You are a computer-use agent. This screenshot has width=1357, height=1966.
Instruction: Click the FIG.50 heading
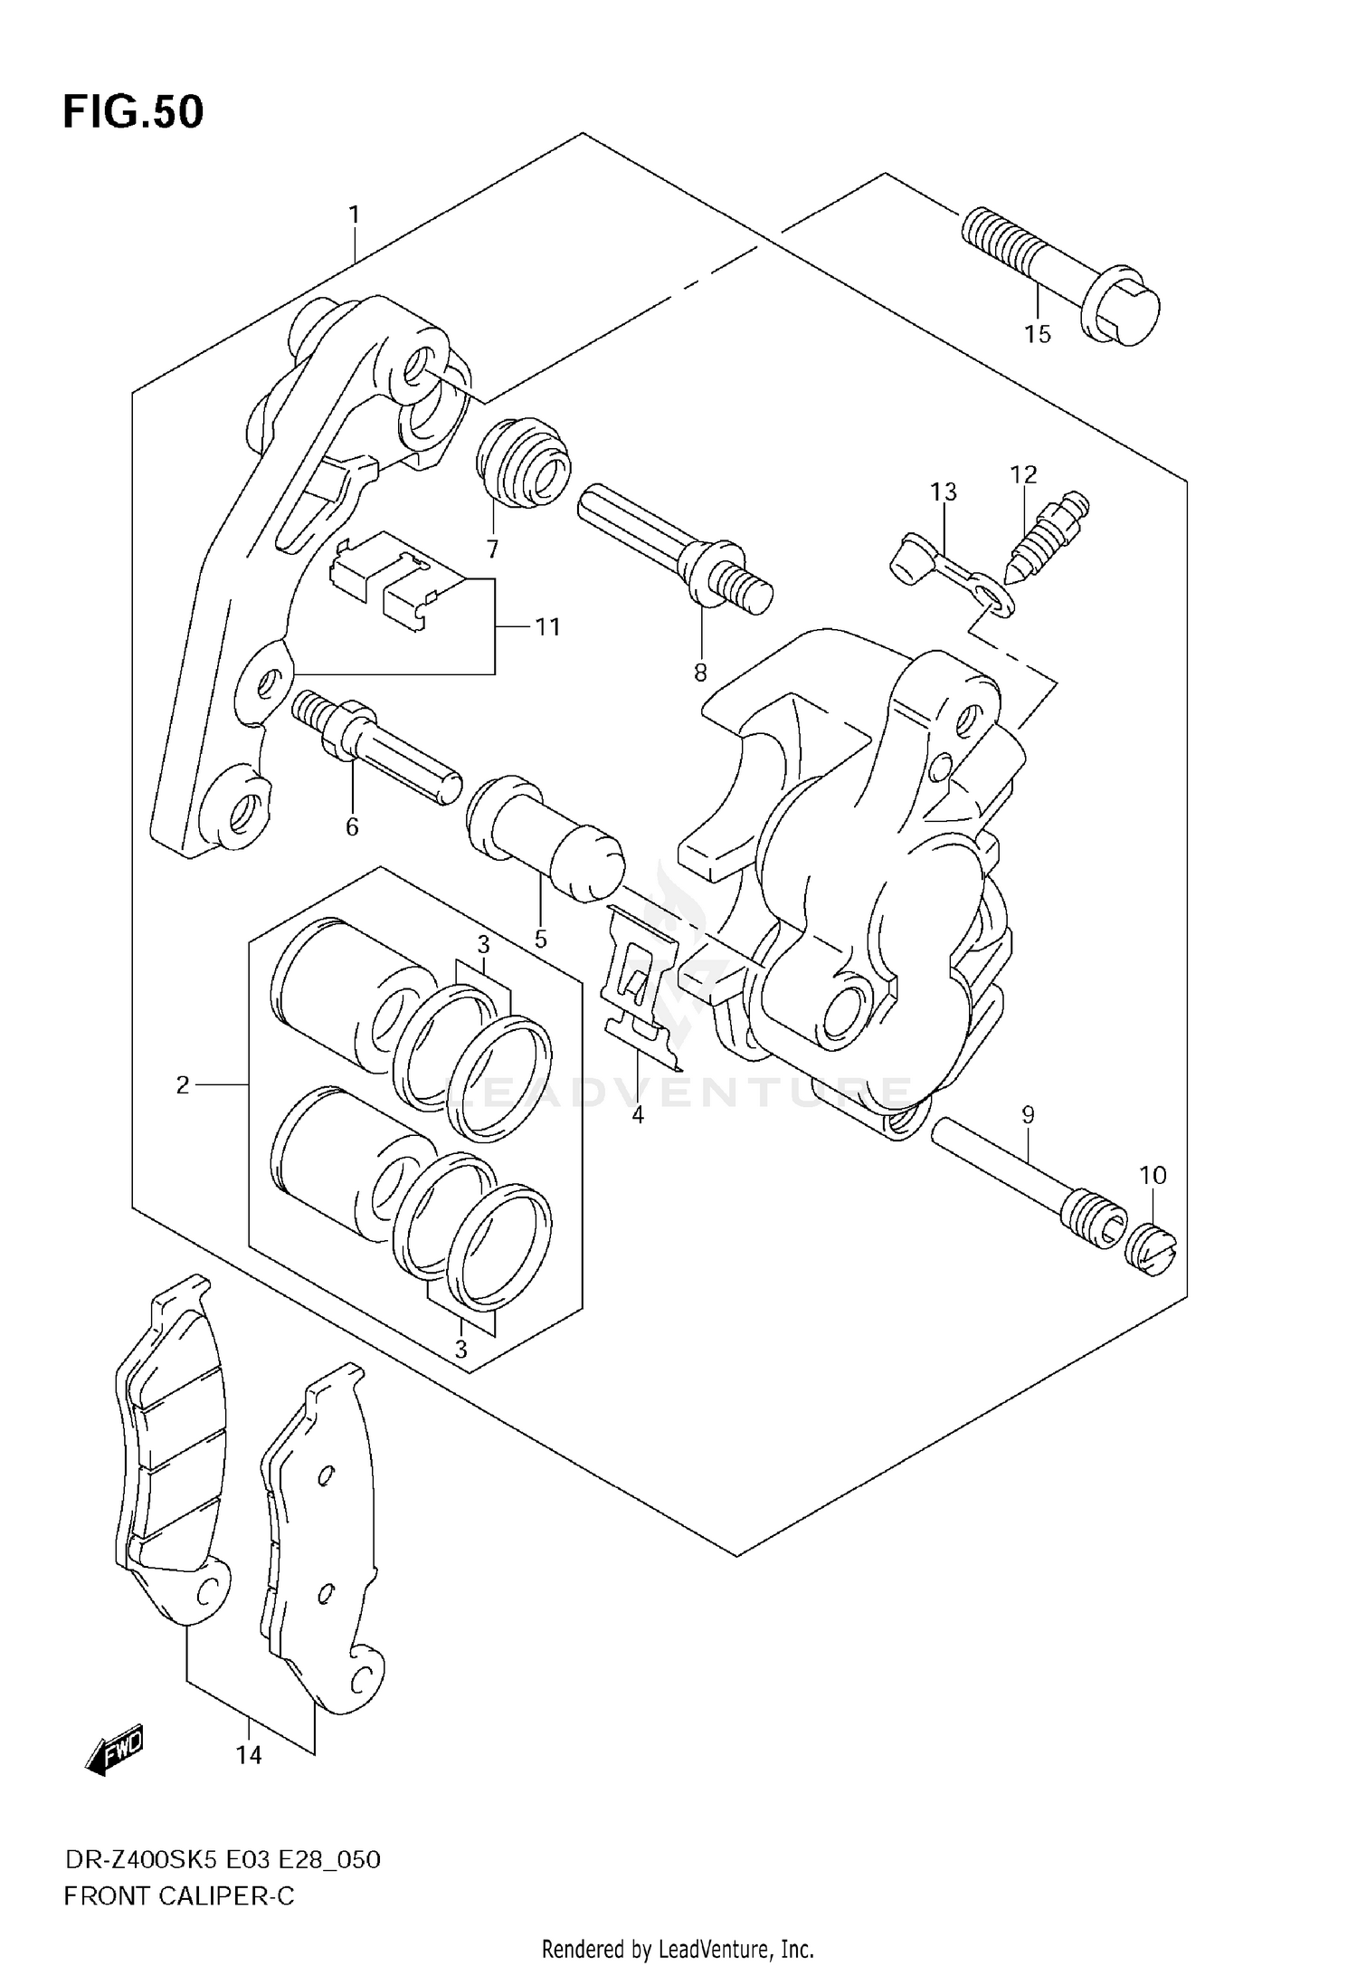pos(133,112)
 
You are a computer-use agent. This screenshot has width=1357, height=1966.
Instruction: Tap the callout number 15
pos(1038,334)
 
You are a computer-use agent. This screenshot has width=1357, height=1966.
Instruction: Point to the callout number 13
pos(943,491)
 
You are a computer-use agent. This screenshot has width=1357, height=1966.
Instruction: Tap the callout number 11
pos(546,626)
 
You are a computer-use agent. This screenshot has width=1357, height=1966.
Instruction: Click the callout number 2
pos(183,1083)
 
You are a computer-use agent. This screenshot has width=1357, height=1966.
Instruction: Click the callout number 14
pos(249,1755)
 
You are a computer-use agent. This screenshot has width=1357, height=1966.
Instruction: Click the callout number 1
pos(355,215)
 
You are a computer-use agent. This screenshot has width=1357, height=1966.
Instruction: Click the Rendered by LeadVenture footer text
pos(678,1948)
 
